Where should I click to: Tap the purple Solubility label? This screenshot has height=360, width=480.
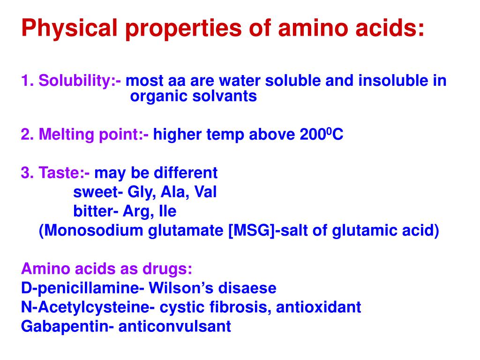tap(80, 81)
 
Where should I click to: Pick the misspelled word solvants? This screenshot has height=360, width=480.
tap(225, 97)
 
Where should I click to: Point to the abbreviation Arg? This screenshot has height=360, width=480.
tap(135, 211)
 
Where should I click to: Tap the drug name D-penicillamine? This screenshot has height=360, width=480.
tap(80, 288)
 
